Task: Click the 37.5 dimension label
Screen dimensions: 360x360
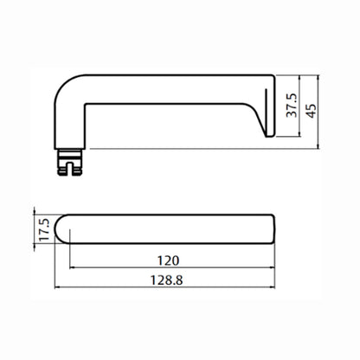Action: coord(292,105)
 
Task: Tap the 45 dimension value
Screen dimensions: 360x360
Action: coord(312,111)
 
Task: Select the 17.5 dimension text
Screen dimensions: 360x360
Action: coord(44,230)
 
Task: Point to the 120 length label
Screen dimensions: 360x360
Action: coord(168,260)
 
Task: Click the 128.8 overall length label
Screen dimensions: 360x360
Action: coord(167,280)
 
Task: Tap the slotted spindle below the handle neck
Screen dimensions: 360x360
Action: coord(69,162)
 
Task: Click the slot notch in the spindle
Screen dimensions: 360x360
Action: coord(70,169)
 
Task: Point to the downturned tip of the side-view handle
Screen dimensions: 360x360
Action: coord(268,132)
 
